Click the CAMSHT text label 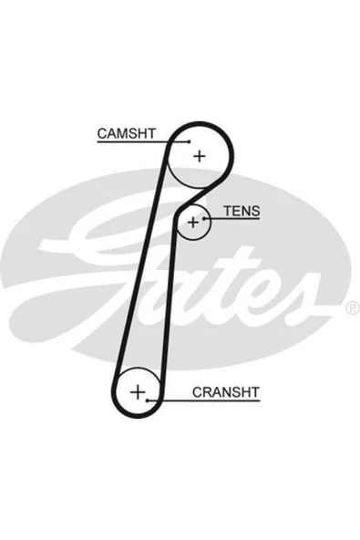(127, 133)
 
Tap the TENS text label (242, 211)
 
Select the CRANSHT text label (225, 392)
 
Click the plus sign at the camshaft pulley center (200, 156)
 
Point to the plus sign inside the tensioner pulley (193, 223)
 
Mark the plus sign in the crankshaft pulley (138, 392)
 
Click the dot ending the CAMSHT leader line (189, 141)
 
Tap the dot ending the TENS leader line (204, 218)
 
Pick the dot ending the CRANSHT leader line (147, 400)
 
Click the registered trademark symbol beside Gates (352, 307)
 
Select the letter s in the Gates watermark (303, 299)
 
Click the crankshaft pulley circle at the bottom (115, 392)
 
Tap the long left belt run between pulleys (140, 262)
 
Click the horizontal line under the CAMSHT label (143, 141)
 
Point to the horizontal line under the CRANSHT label (203, 400)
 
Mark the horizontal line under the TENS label (232, 218)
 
